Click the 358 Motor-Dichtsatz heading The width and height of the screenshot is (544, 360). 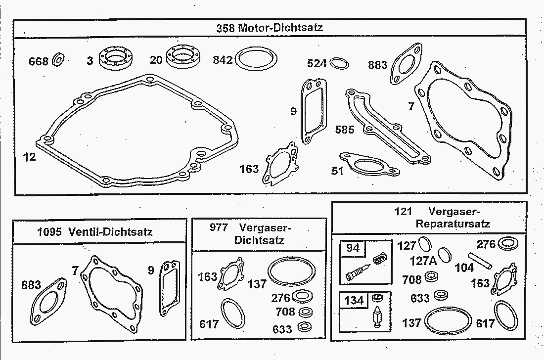270,28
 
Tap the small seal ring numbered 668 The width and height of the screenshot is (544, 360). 58,60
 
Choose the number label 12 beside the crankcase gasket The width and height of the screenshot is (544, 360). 30,157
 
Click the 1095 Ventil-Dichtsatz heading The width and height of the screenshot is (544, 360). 95,232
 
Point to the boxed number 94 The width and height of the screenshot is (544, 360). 353,248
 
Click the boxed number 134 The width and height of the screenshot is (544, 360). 354,300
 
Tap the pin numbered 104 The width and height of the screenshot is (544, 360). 480,261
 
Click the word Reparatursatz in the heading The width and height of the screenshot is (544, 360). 453,224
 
